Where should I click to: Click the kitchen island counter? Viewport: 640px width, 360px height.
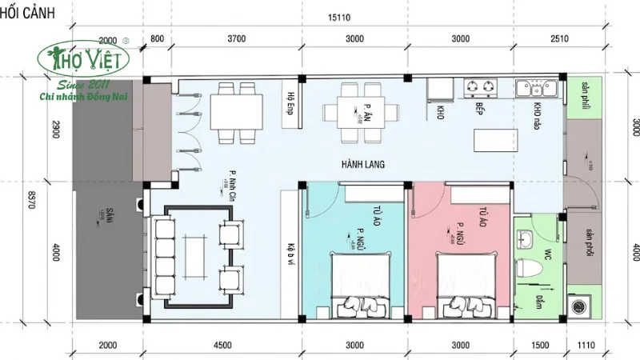pyautogui.click(x=496, y=140)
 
